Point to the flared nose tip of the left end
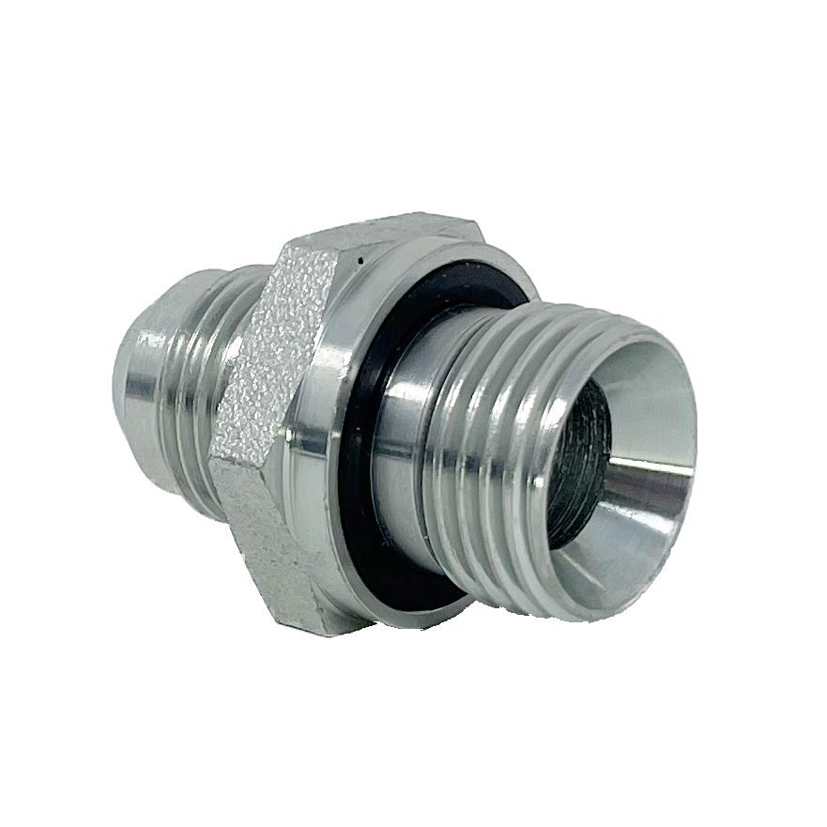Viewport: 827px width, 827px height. pyautogui.click(x=131, y=375)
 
